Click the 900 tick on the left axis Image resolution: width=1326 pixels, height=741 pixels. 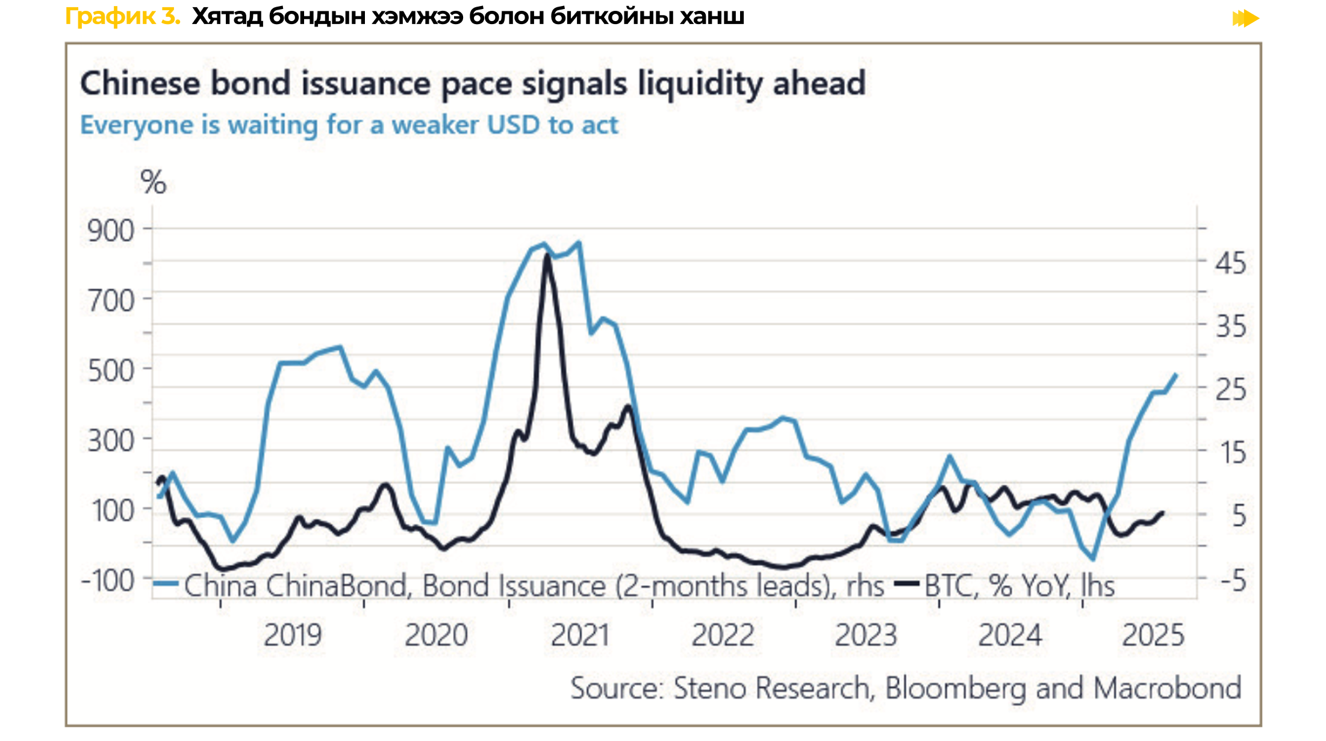[x=111, y=231]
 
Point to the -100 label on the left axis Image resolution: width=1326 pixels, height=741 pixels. [x=108, y=581]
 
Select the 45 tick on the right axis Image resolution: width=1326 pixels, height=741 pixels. [x=1230, y=264]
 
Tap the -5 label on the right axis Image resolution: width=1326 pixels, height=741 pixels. [x=1233, y=581]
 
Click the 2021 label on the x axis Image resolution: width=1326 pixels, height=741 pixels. [x=580, y=635]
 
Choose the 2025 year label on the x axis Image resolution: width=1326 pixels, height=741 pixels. [x=1153, y=635]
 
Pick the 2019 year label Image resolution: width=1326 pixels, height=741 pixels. [x=293, y=635]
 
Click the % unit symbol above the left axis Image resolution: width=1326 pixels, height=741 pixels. [x=153, y=182]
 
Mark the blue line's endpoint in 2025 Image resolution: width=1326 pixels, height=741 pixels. [x=1176, y=374]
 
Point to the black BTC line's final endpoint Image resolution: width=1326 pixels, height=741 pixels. [x=1162, y=513]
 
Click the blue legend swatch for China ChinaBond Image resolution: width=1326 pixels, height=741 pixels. [x=166, y=584]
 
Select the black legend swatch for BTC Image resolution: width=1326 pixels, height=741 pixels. [x=907, y=584]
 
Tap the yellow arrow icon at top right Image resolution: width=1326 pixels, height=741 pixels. [x=1245, y=19]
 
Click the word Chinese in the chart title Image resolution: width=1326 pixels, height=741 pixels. [x=140, y=83]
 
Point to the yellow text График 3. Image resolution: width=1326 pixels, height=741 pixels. [x=123, y=16]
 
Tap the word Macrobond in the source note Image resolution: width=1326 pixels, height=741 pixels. [x=1167, y=688]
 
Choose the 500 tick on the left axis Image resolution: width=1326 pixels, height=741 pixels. [x=111, y=371]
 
